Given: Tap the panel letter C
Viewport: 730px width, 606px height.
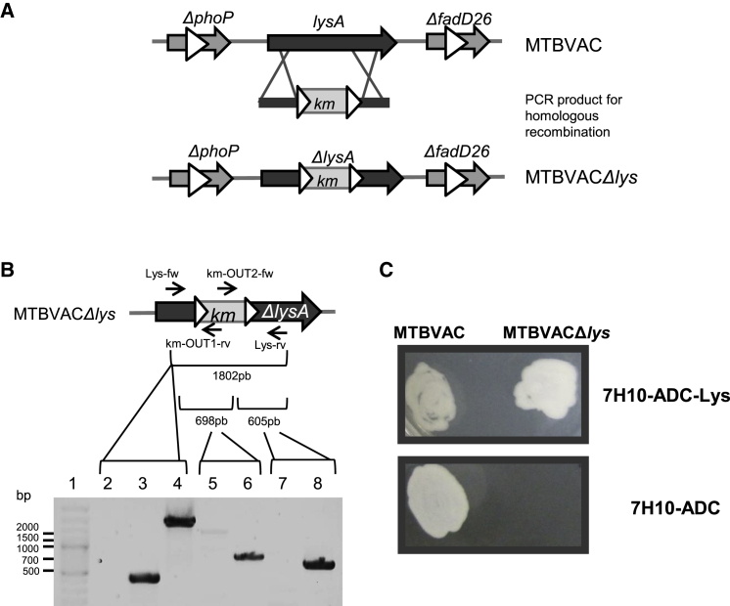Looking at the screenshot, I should (x=385, y=266).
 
